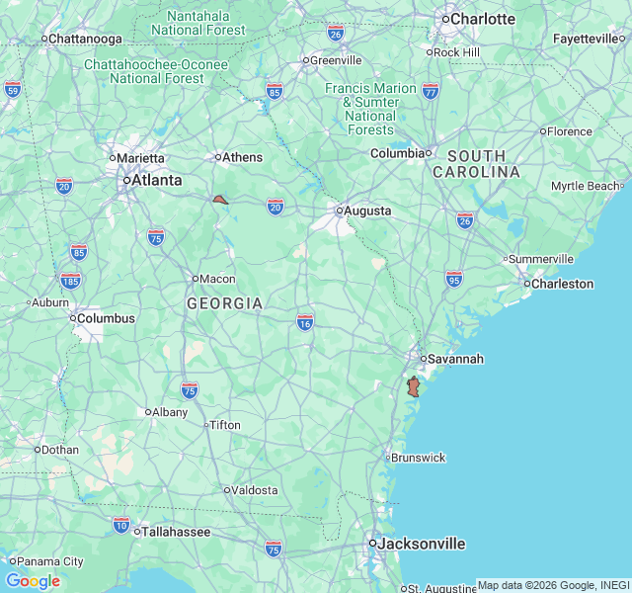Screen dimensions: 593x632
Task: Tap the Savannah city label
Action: pos(456,359)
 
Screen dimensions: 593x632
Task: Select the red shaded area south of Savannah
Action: pos(413,386)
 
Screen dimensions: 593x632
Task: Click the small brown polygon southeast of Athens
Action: pos(220,200)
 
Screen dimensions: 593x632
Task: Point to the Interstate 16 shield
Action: pos(305,321)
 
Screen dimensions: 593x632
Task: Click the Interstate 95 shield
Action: pos(453,279)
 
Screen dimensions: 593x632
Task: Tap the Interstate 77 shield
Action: pos(431,91)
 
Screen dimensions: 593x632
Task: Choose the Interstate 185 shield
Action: pos(69,282)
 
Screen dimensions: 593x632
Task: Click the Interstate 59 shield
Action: pos(13,89)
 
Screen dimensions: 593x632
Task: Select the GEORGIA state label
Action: pos(225,303)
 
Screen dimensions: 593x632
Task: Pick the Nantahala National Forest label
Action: pos(198,23)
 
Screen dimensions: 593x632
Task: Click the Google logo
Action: pos(33,581)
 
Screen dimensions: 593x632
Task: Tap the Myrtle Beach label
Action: pos(585,186)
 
